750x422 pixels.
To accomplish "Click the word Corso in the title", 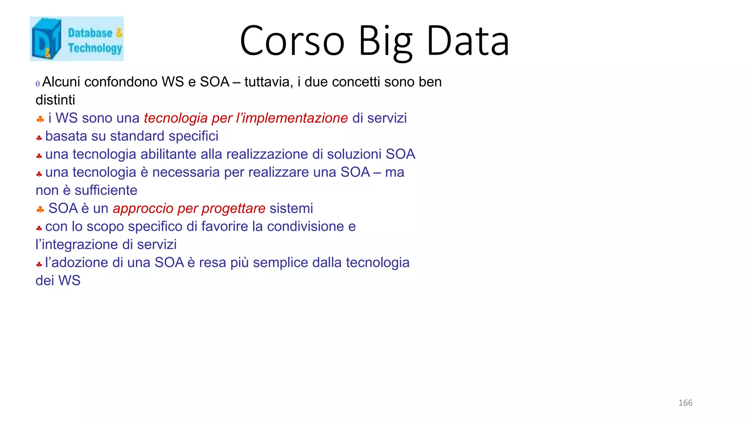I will (x=292, y=41).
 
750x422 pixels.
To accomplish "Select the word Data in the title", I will (x=468, y=41).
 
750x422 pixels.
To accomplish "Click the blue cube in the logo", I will (x=46, y=39).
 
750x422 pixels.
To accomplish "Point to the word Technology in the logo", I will (x=95, y=48).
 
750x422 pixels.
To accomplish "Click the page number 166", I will (x=685, y=403).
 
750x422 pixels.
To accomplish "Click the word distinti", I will (x=55, y=100).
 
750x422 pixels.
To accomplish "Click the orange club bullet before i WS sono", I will (x=40, y=119).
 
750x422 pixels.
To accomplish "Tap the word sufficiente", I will (x=106, y=190).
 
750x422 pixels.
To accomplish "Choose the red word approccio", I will (x=143, y=208).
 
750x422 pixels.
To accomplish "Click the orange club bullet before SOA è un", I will (x=40, y=210).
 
